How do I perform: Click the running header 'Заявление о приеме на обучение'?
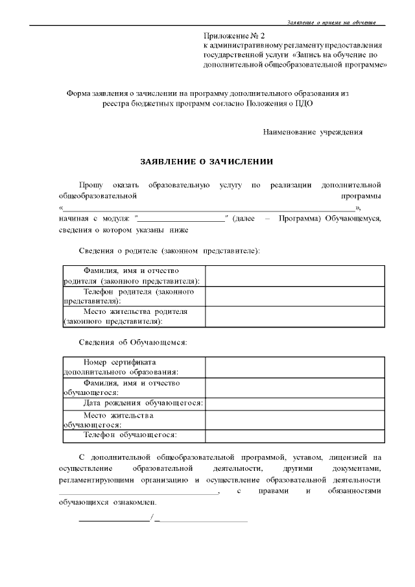[331, 22]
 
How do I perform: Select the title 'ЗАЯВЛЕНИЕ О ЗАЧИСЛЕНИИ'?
[207, 161]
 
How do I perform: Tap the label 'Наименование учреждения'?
[313, 132]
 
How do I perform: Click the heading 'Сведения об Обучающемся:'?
[133, 342]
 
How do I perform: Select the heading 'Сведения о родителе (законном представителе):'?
[169, 250]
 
